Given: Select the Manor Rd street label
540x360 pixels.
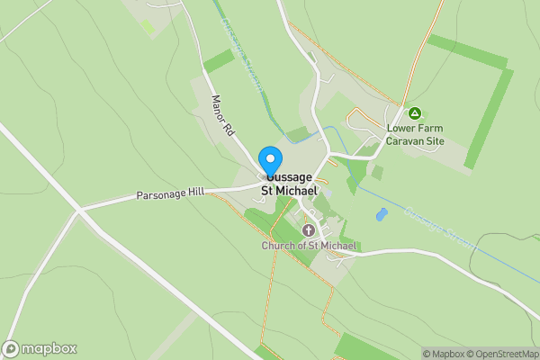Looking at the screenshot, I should coord(221,116).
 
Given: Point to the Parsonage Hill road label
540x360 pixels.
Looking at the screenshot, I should coord(171,193).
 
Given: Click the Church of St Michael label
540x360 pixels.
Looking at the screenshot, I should coord(310,246).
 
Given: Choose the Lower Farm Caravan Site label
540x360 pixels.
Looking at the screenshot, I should coord(415,134).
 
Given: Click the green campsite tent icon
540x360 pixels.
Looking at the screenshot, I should coord(415,113).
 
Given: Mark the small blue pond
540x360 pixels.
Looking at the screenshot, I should coord(382,216).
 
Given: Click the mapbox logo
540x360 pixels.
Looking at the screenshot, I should coord(40,349).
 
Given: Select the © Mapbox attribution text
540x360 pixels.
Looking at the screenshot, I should coord(443,354).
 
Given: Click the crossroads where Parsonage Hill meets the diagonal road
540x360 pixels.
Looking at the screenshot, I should coord(80,211).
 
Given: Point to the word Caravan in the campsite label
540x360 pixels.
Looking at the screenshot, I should coord(407,140).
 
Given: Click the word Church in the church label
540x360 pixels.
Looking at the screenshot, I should coord(279,246).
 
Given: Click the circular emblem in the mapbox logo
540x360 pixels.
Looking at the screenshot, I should coord(11,349).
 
